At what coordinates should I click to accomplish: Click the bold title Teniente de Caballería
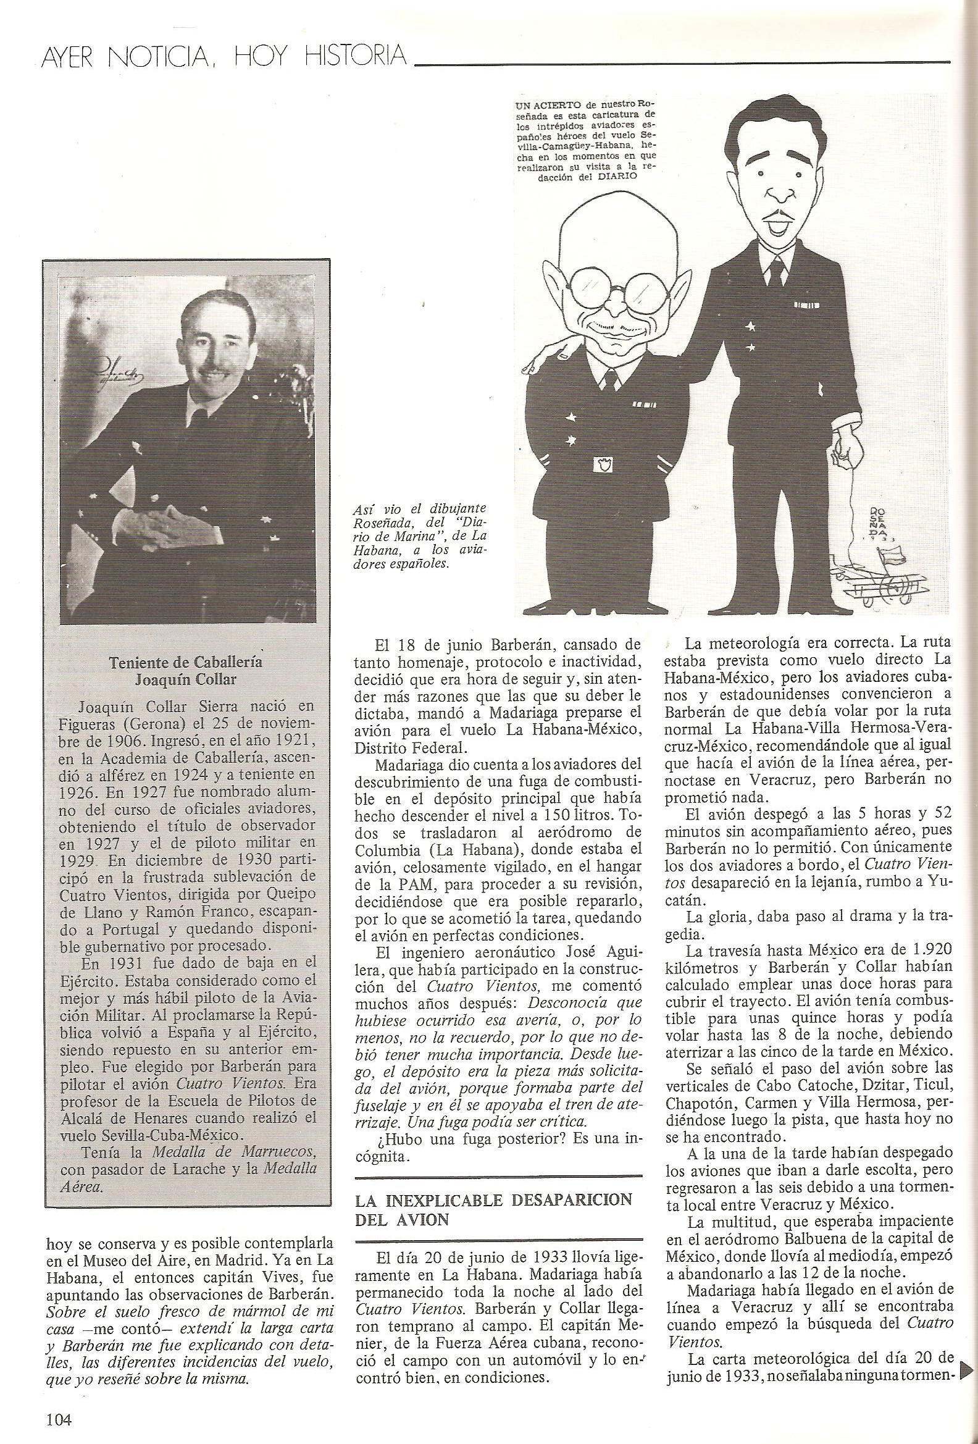click(185, 661)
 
